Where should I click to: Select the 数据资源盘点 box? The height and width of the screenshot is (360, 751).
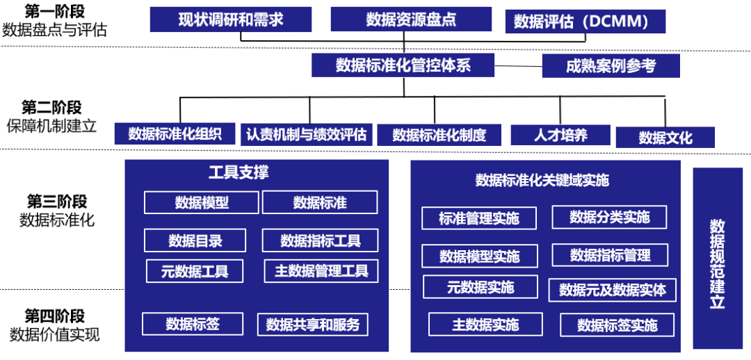point(411,19)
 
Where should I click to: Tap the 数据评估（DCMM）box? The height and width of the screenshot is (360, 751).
point(585,22)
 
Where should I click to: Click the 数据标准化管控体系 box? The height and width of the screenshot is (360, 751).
point(403,65)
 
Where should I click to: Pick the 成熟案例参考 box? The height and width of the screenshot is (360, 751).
point(611,66)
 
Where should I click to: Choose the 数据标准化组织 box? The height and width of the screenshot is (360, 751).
point(175,134)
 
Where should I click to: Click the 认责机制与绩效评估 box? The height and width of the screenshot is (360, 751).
point(306,134)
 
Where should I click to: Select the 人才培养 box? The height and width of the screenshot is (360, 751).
point(560,135)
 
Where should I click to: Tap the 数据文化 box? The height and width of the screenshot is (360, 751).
point(665,138)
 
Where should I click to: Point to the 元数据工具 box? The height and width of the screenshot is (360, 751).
point(195,271)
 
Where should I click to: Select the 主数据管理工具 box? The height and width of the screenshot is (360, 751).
point(321,271)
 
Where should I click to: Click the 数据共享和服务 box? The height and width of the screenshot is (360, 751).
point(313,325)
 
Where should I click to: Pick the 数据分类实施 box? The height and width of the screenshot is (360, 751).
point(609,217)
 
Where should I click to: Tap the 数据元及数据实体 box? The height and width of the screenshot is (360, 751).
point(613,290)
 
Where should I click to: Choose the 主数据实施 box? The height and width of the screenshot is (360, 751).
point(485,325)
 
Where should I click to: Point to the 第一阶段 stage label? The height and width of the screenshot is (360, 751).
point(54,11)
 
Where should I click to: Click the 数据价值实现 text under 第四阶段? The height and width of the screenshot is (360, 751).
point(54,334)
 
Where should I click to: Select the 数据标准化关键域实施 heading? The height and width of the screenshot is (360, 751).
point(542,181)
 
